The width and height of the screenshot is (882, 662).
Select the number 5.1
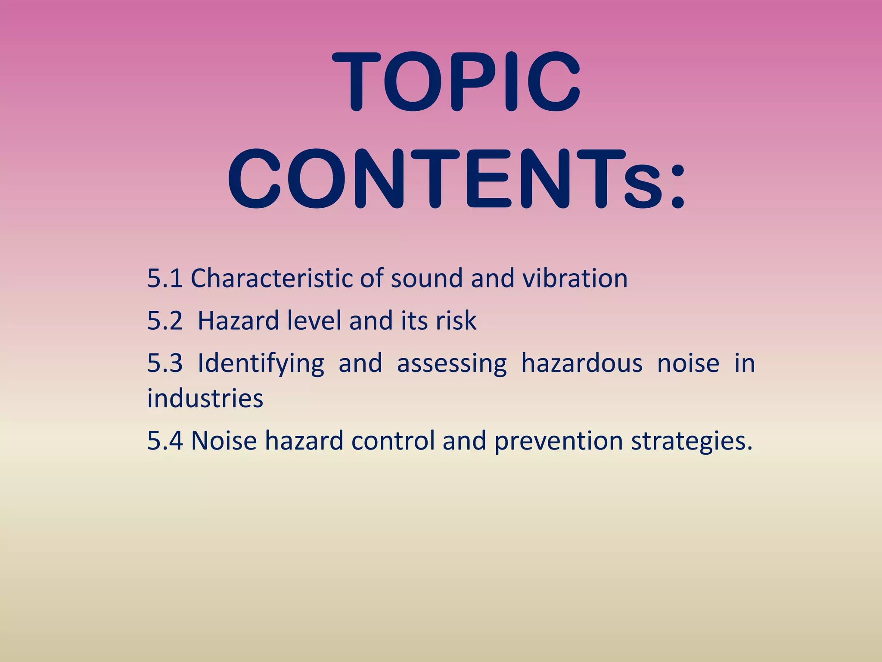pos(165,278)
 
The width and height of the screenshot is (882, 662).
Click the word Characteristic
pos(272,278)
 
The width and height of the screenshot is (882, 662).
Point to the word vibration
pos(575,278)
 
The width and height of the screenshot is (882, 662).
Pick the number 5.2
pos(165,321)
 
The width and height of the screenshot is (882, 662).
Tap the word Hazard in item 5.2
pos(238,321)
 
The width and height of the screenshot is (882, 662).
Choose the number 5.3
pos(165,363)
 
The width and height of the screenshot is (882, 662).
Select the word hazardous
pos(582,363)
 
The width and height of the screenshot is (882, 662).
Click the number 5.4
pos(165,441)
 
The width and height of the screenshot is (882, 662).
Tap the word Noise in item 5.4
pos(224,441)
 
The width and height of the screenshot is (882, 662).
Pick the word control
pos(393,441)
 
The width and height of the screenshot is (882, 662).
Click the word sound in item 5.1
pos(426,278)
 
